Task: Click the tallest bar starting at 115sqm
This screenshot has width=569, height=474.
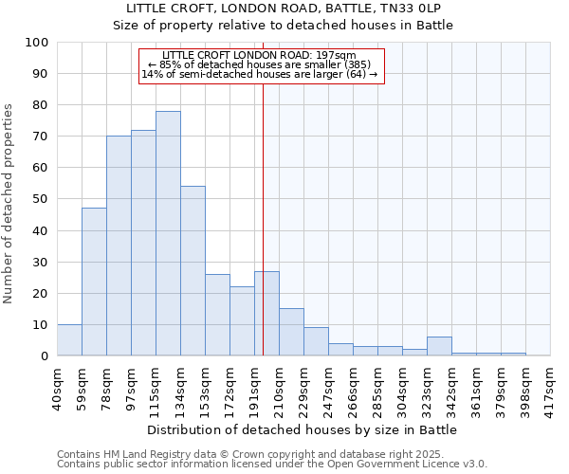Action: point(168,233)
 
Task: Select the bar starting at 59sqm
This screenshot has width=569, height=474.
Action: point(94,282)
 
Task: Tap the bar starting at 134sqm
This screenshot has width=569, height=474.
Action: point(193,271)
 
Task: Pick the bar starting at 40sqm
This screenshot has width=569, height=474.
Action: point(69,339)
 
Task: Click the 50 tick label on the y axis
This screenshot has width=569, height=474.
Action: point(41,199)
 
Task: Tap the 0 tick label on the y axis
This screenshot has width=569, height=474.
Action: point(45,355)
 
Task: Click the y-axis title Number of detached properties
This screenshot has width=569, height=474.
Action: point(9,205)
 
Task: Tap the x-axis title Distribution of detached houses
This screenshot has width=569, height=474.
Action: point(302,430)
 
